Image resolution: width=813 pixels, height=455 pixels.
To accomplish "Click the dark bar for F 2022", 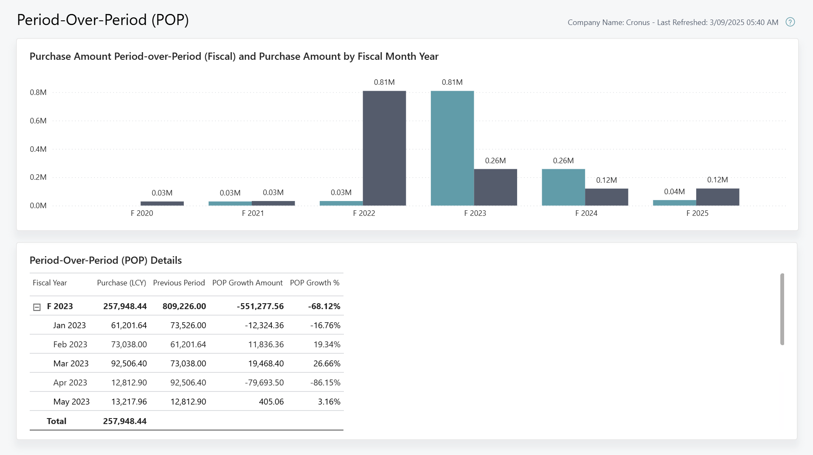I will (x=384, y=148).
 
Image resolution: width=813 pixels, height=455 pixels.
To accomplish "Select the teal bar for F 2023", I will (x=452, y=148).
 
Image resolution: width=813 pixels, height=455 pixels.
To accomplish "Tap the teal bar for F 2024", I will (x=563, y=187).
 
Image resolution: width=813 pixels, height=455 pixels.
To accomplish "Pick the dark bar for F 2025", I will (x=717, y=197).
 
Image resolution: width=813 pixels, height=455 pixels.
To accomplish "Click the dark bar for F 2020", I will (x=162, y=204).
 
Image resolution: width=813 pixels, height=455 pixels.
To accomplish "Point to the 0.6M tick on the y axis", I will (x=38, y=121).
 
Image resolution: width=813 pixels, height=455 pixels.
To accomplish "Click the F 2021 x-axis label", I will (x=253, y=213).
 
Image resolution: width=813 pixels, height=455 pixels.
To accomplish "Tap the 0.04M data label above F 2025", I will (x=674, y=192).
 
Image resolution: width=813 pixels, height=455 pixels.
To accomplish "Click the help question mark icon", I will (x=790, y=22).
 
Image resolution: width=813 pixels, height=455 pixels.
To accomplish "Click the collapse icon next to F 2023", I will (x=37, y=307).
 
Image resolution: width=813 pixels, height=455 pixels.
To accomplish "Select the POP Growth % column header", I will (x=315, y=283).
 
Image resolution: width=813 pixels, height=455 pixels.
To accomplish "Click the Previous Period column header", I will (x=179, y=283).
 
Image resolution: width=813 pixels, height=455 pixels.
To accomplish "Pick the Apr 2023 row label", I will (x=70, y=382).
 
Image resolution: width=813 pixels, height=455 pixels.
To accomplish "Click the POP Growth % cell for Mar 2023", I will (x=327, y=363).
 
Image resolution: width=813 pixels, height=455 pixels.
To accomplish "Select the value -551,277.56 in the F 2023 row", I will (x=260, y=306).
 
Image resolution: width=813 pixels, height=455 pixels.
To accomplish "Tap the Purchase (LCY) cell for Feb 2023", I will (x=129, y=344).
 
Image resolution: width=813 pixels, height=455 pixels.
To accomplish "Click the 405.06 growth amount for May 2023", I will (x=271, y=402).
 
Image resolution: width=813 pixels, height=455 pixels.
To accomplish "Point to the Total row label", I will (x=56, y=421).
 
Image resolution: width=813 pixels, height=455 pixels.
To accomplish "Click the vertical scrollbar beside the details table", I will (x=782, y=309).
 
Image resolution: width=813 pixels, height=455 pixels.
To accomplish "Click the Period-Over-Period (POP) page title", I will (x=103, y=20).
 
